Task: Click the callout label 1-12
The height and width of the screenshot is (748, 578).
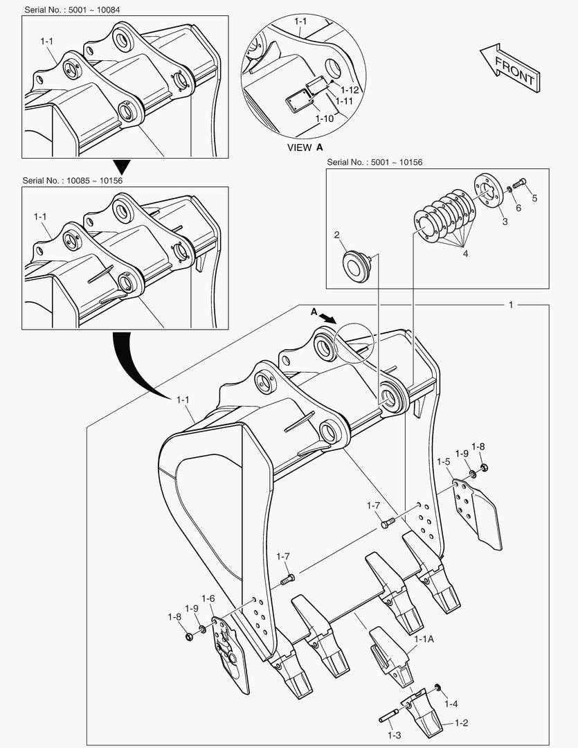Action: click(x=350, y=89)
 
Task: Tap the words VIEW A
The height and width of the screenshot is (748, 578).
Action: click(x=305, y=148)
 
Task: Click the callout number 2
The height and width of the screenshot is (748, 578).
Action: click(x=336, y=235)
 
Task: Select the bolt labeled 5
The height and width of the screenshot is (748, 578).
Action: click(x=520, y=184)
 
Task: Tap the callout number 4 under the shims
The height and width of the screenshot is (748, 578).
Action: click(x=465, y=254)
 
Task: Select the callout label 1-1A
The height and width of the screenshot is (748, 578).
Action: click(x=424, y=641)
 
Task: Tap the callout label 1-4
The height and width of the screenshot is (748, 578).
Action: click(x=451, y=704)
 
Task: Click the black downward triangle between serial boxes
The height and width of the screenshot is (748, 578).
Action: click(x=122, y=167)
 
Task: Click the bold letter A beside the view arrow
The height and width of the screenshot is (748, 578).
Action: click(x=314, y=312)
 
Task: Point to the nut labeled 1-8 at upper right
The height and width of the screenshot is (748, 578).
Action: click(x=483, y=468)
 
